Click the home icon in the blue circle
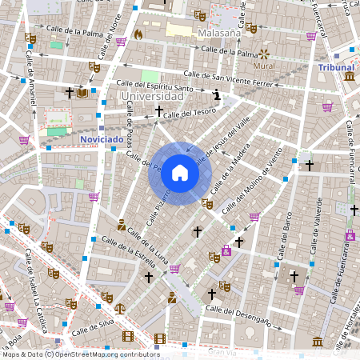tap(180, 172)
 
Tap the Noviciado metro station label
tap(103, 139)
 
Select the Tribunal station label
tap(336, 68)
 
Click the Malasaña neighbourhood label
tap(218, 34)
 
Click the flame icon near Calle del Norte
tap(138, 34)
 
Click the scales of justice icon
tap(119, 307)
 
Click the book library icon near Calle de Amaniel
tap(82, 94)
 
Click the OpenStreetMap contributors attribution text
tap(80, 354)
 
